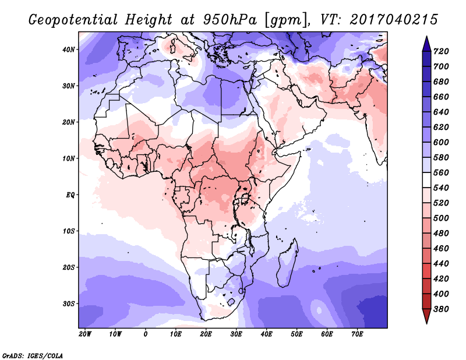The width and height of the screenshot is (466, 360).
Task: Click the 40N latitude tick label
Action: click(x=68, y=50)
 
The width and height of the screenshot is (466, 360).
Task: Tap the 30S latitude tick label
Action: click(x=69, y=304)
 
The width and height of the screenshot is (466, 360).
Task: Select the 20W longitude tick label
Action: click(x=85, y=334)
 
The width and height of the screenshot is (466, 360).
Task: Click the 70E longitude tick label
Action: click(x=357, y=334)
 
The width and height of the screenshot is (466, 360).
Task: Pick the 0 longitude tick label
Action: click(x=145, y=334)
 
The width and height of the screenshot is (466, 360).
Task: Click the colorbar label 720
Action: click(x=441, y=51)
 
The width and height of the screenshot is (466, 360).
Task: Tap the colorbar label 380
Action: click(x=441, y=309)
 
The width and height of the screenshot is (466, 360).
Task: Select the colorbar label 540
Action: click(x=441, y=188)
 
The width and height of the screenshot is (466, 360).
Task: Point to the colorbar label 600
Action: click(x=441, y=142)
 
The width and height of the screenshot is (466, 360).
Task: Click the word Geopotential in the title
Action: click(x=73, y=20)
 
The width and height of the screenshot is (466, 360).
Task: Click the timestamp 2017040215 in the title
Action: click(x=394, y=20)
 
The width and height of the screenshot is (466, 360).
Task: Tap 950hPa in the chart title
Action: click(x=230, y=20)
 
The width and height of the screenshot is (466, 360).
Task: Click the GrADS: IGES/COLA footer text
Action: click(x=33, y=355)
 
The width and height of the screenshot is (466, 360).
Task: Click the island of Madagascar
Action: click(x=288, y=264)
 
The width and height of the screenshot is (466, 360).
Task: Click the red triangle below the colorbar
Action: click(x=426, y=316)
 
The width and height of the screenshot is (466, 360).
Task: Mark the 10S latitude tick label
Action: click(x=69, y=231)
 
